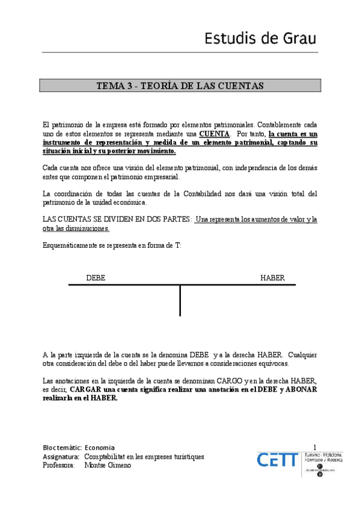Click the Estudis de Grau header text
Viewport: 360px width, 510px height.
point(261,39)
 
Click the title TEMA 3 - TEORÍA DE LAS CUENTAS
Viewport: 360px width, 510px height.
point(180,85)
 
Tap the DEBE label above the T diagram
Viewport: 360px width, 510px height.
point(96,278)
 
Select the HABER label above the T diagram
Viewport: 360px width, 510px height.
point(272,278)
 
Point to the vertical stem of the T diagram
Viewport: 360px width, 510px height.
point(180,301)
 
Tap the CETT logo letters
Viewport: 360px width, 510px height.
point(277,460)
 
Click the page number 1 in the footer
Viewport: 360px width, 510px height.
point(314,447)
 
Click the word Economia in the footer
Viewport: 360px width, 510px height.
point(100,447)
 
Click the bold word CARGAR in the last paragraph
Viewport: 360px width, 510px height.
point(88,389)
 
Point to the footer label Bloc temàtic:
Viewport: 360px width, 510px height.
point(62,447)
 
